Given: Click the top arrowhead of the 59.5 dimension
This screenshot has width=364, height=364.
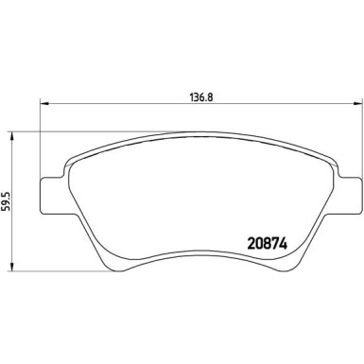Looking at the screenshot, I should [x=10, y=131].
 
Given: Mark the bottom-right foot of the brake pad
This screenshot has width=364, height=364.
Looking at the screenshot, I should [x=293, y=265].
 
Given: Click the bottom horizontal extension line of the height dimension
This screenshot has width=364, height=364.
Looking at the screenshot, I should [x=47, y=269].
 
